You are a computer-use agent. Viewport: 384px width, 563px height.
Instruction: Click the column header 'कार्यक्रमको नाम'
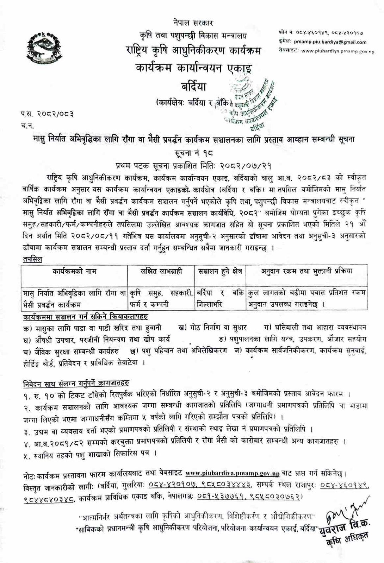74,271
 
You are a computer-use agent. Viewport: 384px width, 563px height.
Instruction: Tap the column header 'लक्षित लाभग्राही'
161,271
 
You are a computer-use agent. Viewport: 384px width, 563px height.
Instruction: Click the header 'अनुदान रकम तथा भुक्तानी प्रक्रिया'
306,271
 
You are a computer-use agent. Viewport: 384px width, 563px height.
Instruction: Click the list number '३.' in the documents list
28,429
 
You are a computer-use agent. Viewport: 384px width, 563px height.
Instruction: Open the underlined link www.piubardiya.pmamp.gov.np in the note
232,474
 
